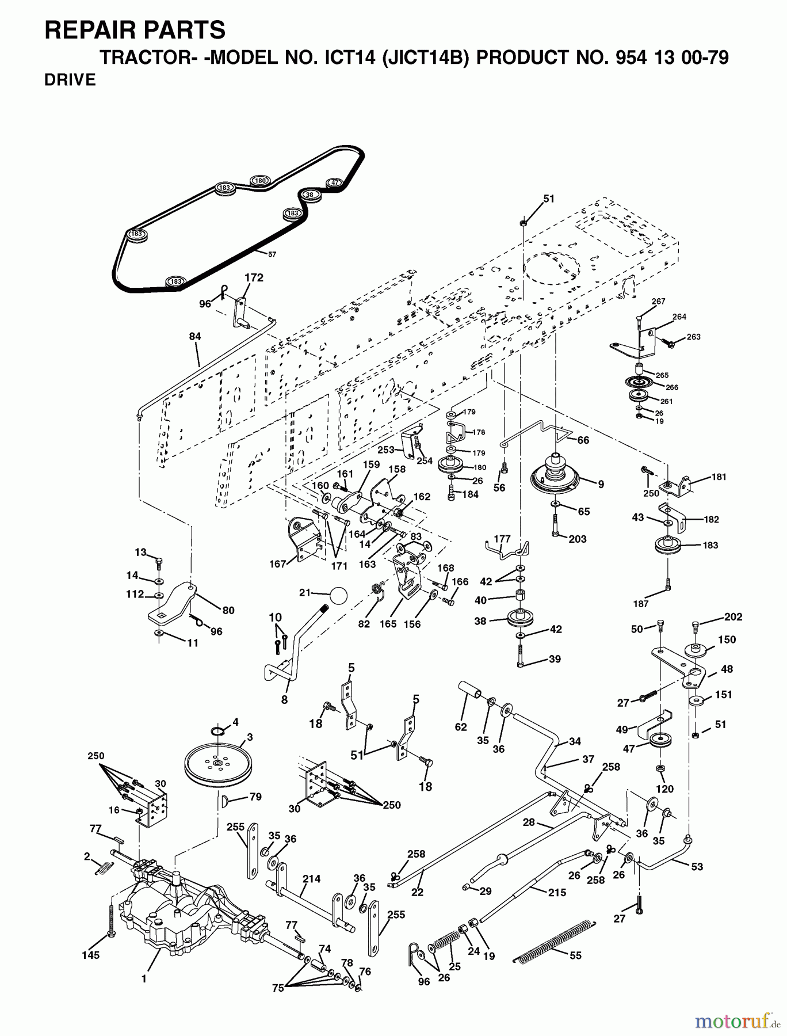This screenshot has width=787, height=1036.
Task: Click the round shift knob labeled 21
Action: pos(339,595)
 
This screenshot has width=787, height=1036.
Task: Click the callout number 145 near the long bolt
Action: pos(90,955)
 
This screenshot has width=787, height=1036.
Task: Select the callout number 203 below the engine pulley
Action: pos(577,539)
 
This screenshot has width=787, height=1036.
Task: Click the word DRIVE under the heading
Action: pos(70,80)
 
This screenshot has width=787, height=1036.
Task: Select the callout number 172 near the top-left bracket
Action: pos(254,277)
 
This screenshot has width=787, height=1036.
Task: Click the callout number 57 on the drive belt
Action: pos(272,254)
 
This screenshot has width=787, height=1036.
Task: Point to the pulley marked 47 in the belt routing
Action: pos(335,182)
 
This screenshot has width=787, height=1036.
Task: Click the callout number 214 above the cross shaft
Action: pos(311,879)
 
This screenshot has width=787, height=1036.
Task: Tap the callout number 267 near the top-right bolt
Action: pos(658,302)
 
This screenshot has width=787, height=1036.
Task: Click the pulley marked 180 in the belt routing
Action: pos(260,181)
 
